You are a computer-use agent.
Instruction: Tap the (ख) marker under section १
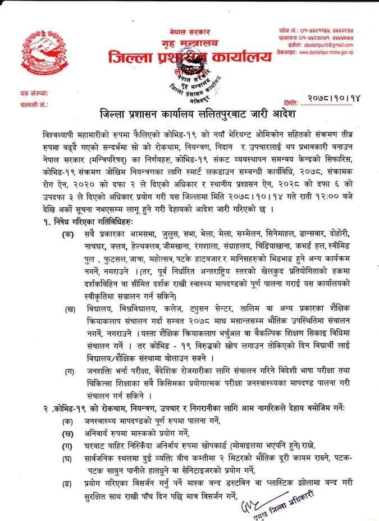(70, 309)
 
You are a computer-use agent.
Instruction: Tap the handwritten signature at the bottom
(247, 503)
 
